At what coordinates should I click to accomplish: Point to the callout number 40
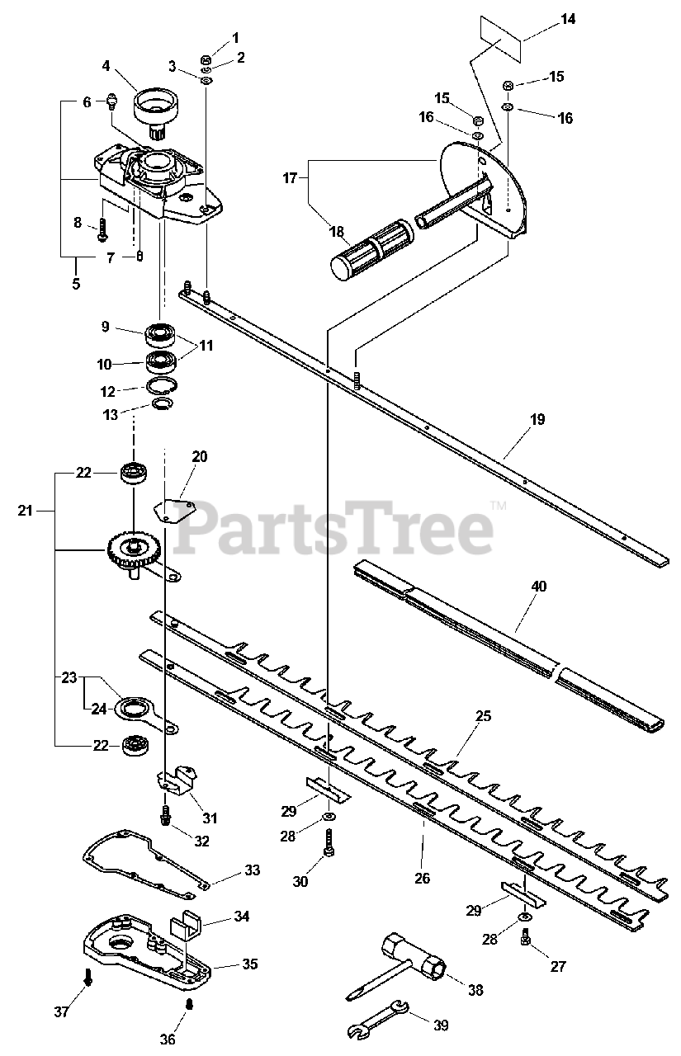pos(539,587)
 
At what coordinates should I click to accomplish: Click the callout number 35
pos(248,964)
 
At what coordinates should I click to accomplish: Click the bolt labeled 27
pos(526,936)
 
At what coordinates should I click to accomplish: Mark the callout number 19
pos(537,419)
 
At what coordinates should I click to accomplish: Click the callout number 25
pos(484,716)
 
